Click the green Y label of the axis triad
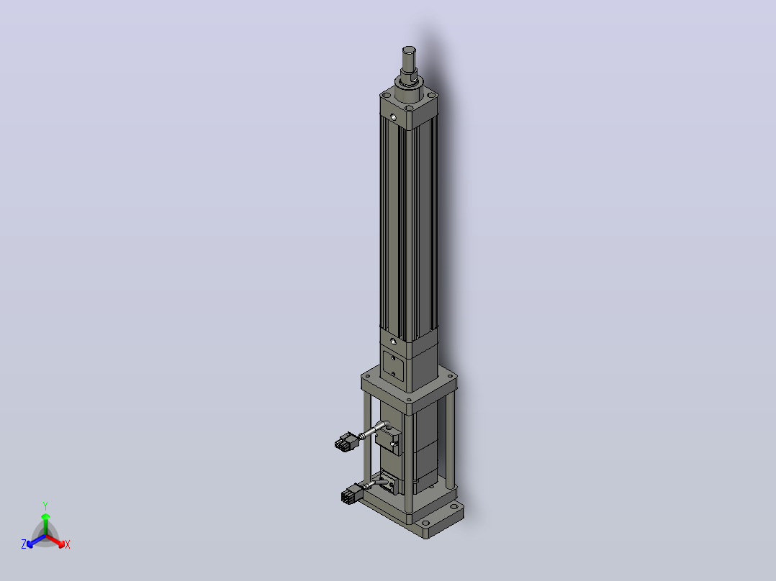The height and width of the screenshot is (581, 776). click(x=45, y=505)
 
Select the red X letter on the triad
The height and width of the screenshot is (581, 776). click(x=68, y=544)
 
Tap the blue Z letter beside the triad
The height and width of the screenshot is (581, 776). click(x=24, y=544)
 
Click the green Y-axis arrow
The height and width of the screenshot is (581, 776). click(x=45, y=524)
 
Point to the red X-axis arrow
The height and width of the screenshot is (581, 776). click(x=55, y=541)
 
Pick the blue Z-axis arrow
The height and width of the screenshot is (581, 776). click(x=36, y=541)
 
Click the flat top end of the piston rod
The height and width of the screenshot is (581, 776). click(x=409, y=50)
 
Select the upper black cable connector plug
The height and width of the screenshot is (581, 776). click(x=346, y=441)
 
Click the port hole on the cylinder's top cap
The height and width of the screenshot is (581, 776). click(x=394, y=118)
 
